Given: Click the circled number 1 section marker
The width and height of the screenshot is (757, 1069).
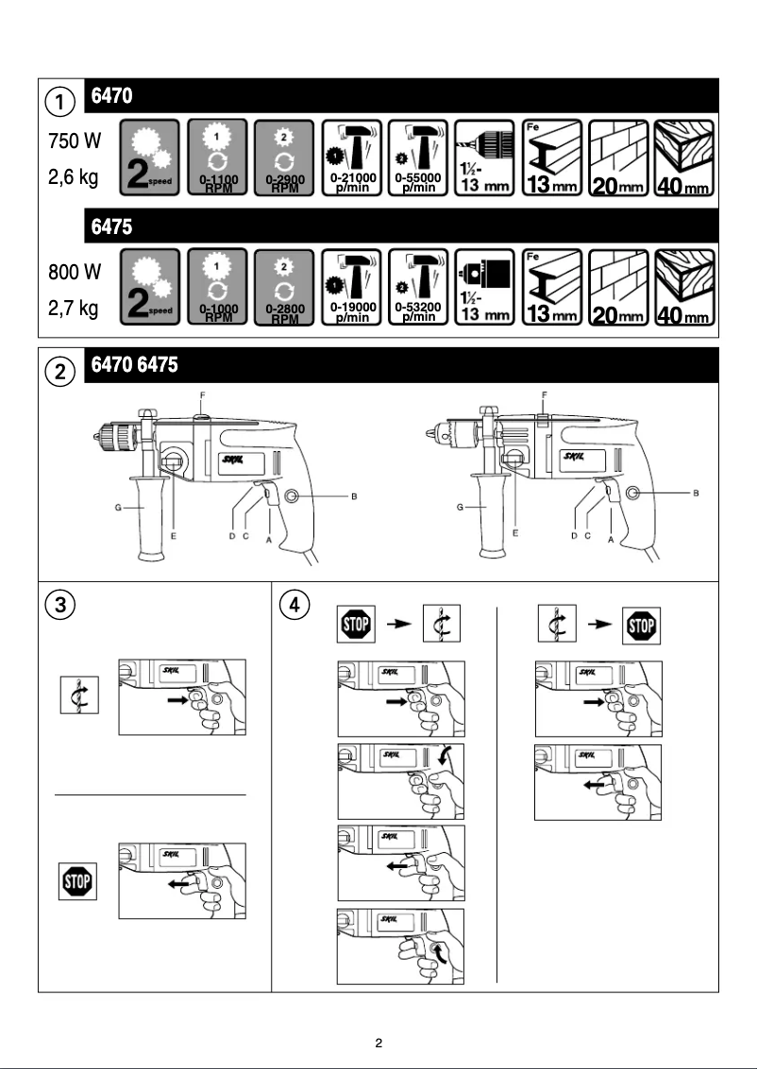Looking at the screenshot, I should click(60, 100).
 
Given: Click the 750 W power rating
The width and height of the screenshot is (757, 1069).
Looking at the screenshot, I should click(75, 142).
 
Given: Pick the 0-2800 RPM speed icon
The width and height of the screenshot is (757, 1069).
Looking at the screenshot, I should click(284, 288).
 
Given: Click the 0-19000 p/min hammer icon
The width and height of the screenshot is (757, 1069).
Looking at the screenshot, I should click(352, 288).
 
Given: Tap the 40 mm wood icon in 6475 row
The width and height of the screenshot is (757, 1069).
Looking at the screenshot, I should click(683, 288).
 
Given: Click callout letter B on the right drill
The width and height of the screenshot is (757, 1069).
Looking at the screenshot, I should click(696, 493).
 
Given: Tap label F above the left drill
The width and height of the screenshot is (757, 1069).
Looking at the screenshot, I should click(199, 393).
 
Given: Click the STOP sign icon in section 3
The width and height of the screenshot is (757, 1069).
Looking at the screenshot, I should click(76, 882).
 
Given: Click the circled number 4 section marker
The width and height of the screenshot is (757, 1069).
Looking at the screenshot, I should click(296, 605).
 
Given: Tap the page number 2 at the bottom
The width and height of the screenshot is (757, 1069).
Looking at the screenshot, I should click(378, 1044).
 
